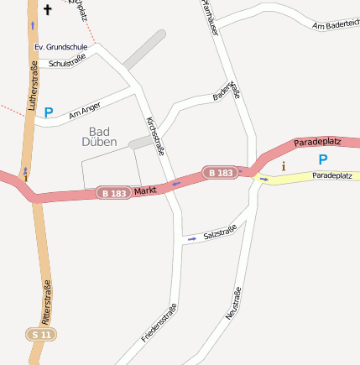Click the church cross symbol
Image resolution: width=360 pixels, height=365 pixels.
47,10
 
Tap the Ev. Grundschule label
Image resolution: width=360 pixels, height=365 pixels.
61,47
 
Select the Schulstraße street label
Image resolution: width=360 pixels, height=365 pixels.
68,61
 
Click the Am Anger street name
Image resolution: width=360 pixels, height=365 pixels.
85,110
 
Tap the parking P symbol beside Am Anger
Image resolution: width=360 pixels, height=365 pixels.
49,112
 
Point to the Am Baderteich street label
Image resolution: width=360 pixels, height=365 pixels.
335,26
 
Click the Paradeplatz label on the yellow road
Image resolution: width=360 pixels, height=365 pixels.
334,176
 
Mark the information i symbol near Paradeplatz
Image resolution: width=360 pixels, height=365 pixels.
283,166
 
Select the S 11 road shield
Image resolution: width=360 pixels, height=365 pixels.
41,334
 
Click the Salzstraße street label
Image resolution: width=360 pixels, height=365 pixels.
220,232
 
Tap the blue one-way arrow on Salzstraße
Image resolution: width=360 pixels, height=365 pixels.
192,239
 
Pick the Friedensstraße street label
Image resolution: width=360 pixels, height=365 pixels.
159,323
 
